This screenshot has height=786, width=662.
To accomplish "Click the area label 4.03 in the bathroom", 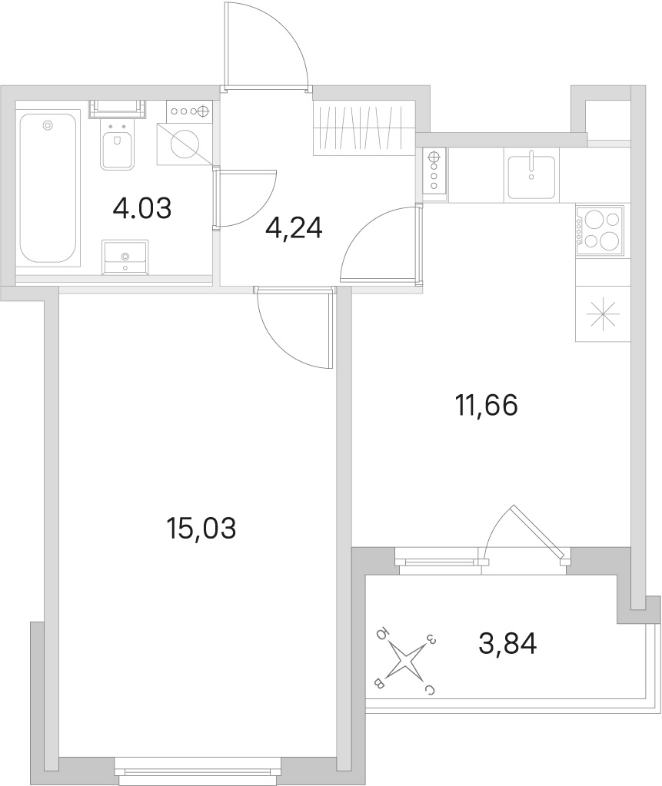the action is tap(142, 208).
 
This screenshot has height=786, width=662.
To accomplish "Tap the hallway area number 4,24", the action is tap(294, 229).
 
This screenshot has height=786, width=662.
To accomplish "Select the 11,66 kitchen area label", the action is tap(486, 405).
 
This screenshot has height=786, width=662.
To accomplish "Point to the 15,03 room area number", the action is tap(201, 529).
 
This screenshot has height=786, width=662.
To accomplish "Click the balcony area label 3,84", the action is tap(508, 644).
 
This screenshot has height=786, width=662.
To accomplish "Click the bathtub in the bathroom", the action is tap(48, 188).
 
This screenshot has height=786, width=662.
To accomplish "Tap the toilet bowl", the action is tap(118, 144).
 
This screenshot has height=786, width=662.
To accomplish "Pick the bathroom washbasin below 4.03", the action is tap(125, 257).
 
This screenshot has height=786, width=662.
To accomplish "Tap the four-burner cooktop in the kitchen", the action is tap(600, 230).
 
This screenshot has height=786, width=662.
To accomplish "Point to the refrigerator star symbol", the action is tap(604, 313).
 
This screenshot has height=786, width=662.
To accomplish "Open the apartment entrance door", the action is tap(266, 47).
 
